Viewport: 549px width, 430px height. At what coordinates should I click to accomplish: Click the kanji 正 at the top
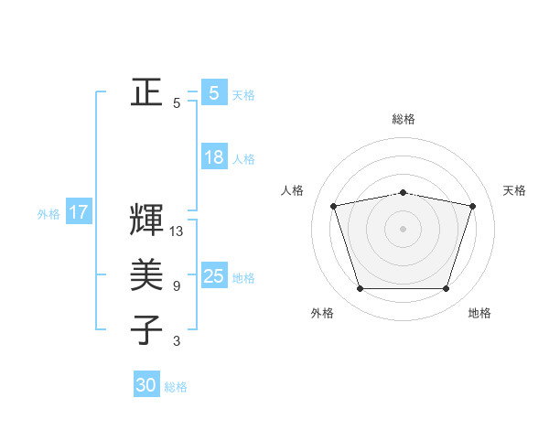(146, 92)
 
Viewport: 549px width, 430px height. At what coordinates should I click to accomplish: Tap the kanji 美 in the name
(146, 274)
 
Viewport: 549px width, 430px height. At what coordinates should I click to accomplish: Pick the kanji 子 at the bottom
(146, 328)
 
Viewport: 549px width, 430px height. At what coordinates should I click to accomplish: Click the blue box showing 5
(213, 93)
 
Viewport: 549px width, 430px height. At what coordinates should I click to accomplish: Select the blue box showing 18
(213, 157)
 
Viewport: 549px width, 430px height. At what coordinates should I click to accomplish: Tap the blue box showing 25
(213, 276)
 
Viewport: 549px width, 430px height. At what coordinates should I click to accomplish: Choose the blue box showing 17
(79, 213)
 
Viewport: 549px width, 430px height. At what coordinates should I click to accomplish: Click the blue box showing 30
(146, 385)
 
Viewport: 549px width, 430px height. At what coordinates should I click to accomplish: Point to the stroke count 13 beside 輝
(177, 231)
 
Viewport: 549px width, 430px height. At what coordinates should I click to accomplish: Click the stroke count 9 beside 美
(176, 286)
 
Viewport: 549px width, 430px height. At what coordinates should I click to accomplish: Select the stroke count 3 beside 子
(176, 341)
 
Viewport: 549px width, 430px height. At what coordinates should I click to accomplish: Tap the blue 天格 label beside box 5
(243, 95)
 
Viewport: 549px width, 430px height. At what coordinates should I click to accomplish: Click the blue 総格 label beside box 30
(176, 387)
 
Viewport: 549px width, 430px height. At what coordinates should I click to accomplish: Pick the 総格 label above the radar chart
(404, 119)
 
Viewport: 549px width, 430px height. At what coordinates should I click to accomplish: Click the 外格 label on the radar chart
(322, 313)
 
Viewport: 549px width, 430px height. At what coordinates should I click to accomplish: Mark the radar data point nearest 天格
(472, 206)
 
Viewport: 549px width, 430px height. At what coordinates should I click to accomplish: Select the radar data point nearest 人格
(334, 206)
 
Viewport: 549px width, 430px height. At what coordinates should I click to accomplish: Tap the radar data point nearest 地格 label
(446, 288)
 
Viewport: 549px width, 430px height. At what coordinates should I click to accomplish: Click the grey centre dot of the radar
(404, 228)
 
